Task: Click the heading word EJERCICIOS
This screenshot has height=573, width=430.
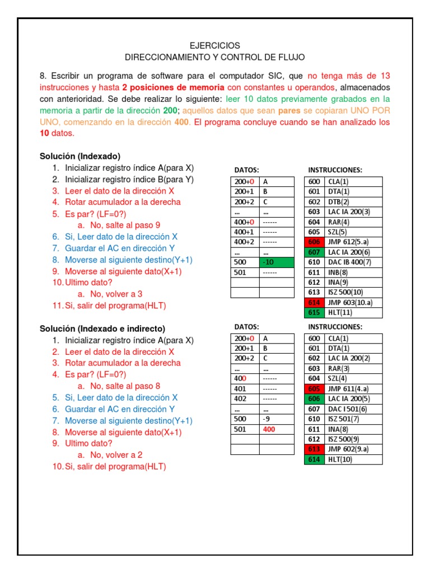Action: pyautogui.click(x=215, y=45)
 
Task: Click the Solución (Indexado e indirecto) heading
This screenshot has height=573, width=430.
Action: pyautogui.click(x=102, y=328)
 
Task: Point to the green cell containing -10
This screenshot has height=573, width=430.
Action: pyautogui.click(x=276, y=262)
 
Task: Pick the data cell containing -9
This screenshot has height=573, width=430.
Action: pyautogui.click(x=276, y=419)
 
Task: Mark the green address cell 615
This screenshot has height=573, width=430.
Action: pyautogui.click(x=314, y=312)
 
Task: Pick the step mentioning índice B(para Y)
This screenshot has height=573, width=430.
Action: pyautogui.click(x=129, y=179)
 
